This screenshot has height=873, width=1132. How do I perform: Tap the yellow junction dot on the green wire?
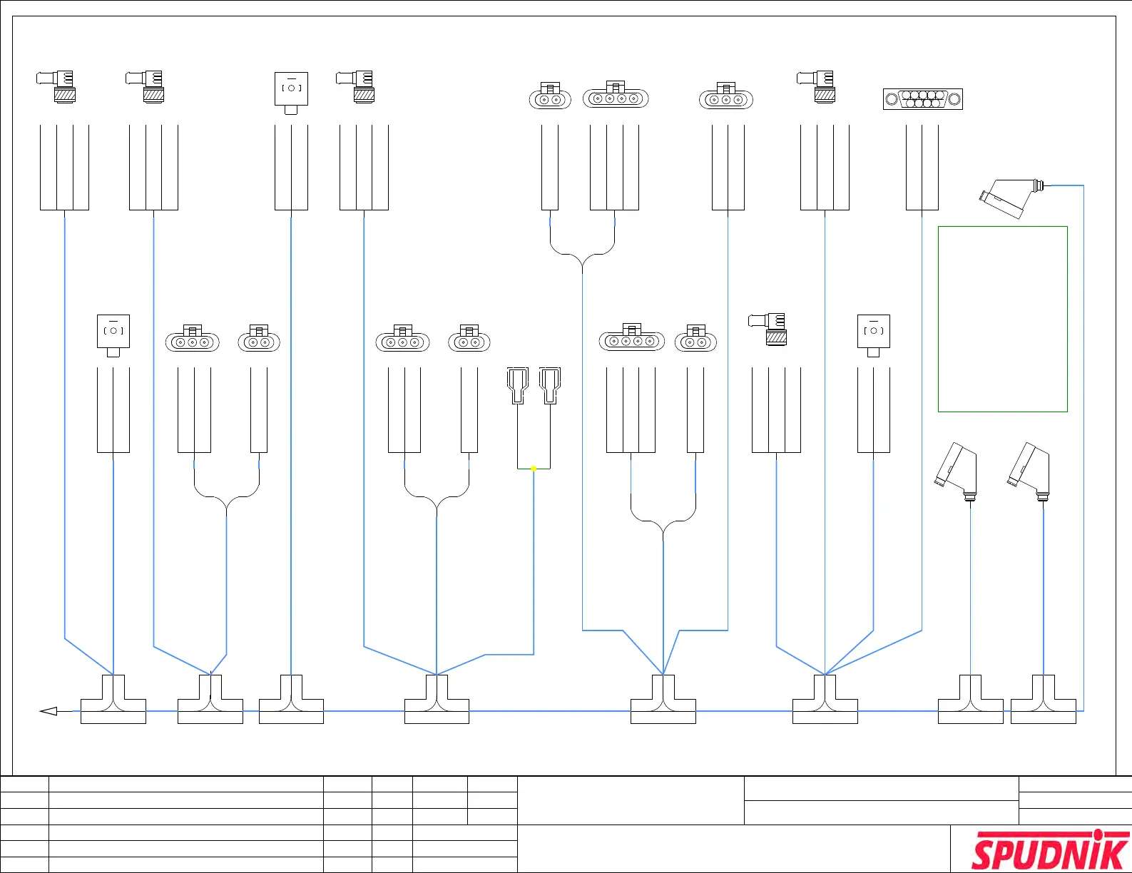[534, 469]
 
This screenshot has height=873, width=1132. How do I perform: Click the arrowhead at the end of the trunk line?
[49, 711]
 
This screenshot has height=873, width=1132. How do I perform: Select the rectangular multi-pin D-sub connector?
[922, 99]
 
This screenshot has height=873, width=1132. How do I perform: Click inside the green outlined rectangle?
[1002, 319]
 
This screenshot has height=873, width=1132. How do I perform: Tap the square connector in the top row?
[291, 90]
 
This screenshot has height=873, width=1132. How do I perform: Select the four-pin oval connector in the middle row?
[631, 340]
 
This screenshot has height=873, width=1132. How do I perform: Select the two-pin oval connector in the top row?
[550, 98]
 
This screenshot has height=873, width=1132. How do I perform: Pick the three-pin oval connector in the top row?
[726, 98]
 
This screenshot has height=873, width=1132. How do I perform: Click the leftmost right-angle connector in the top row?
[58, 86]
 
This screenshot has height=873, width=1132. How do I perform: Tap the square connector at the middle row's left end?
[113, 333]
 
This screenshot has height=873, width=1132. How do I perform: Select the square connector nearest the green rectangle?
[873, 333]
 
